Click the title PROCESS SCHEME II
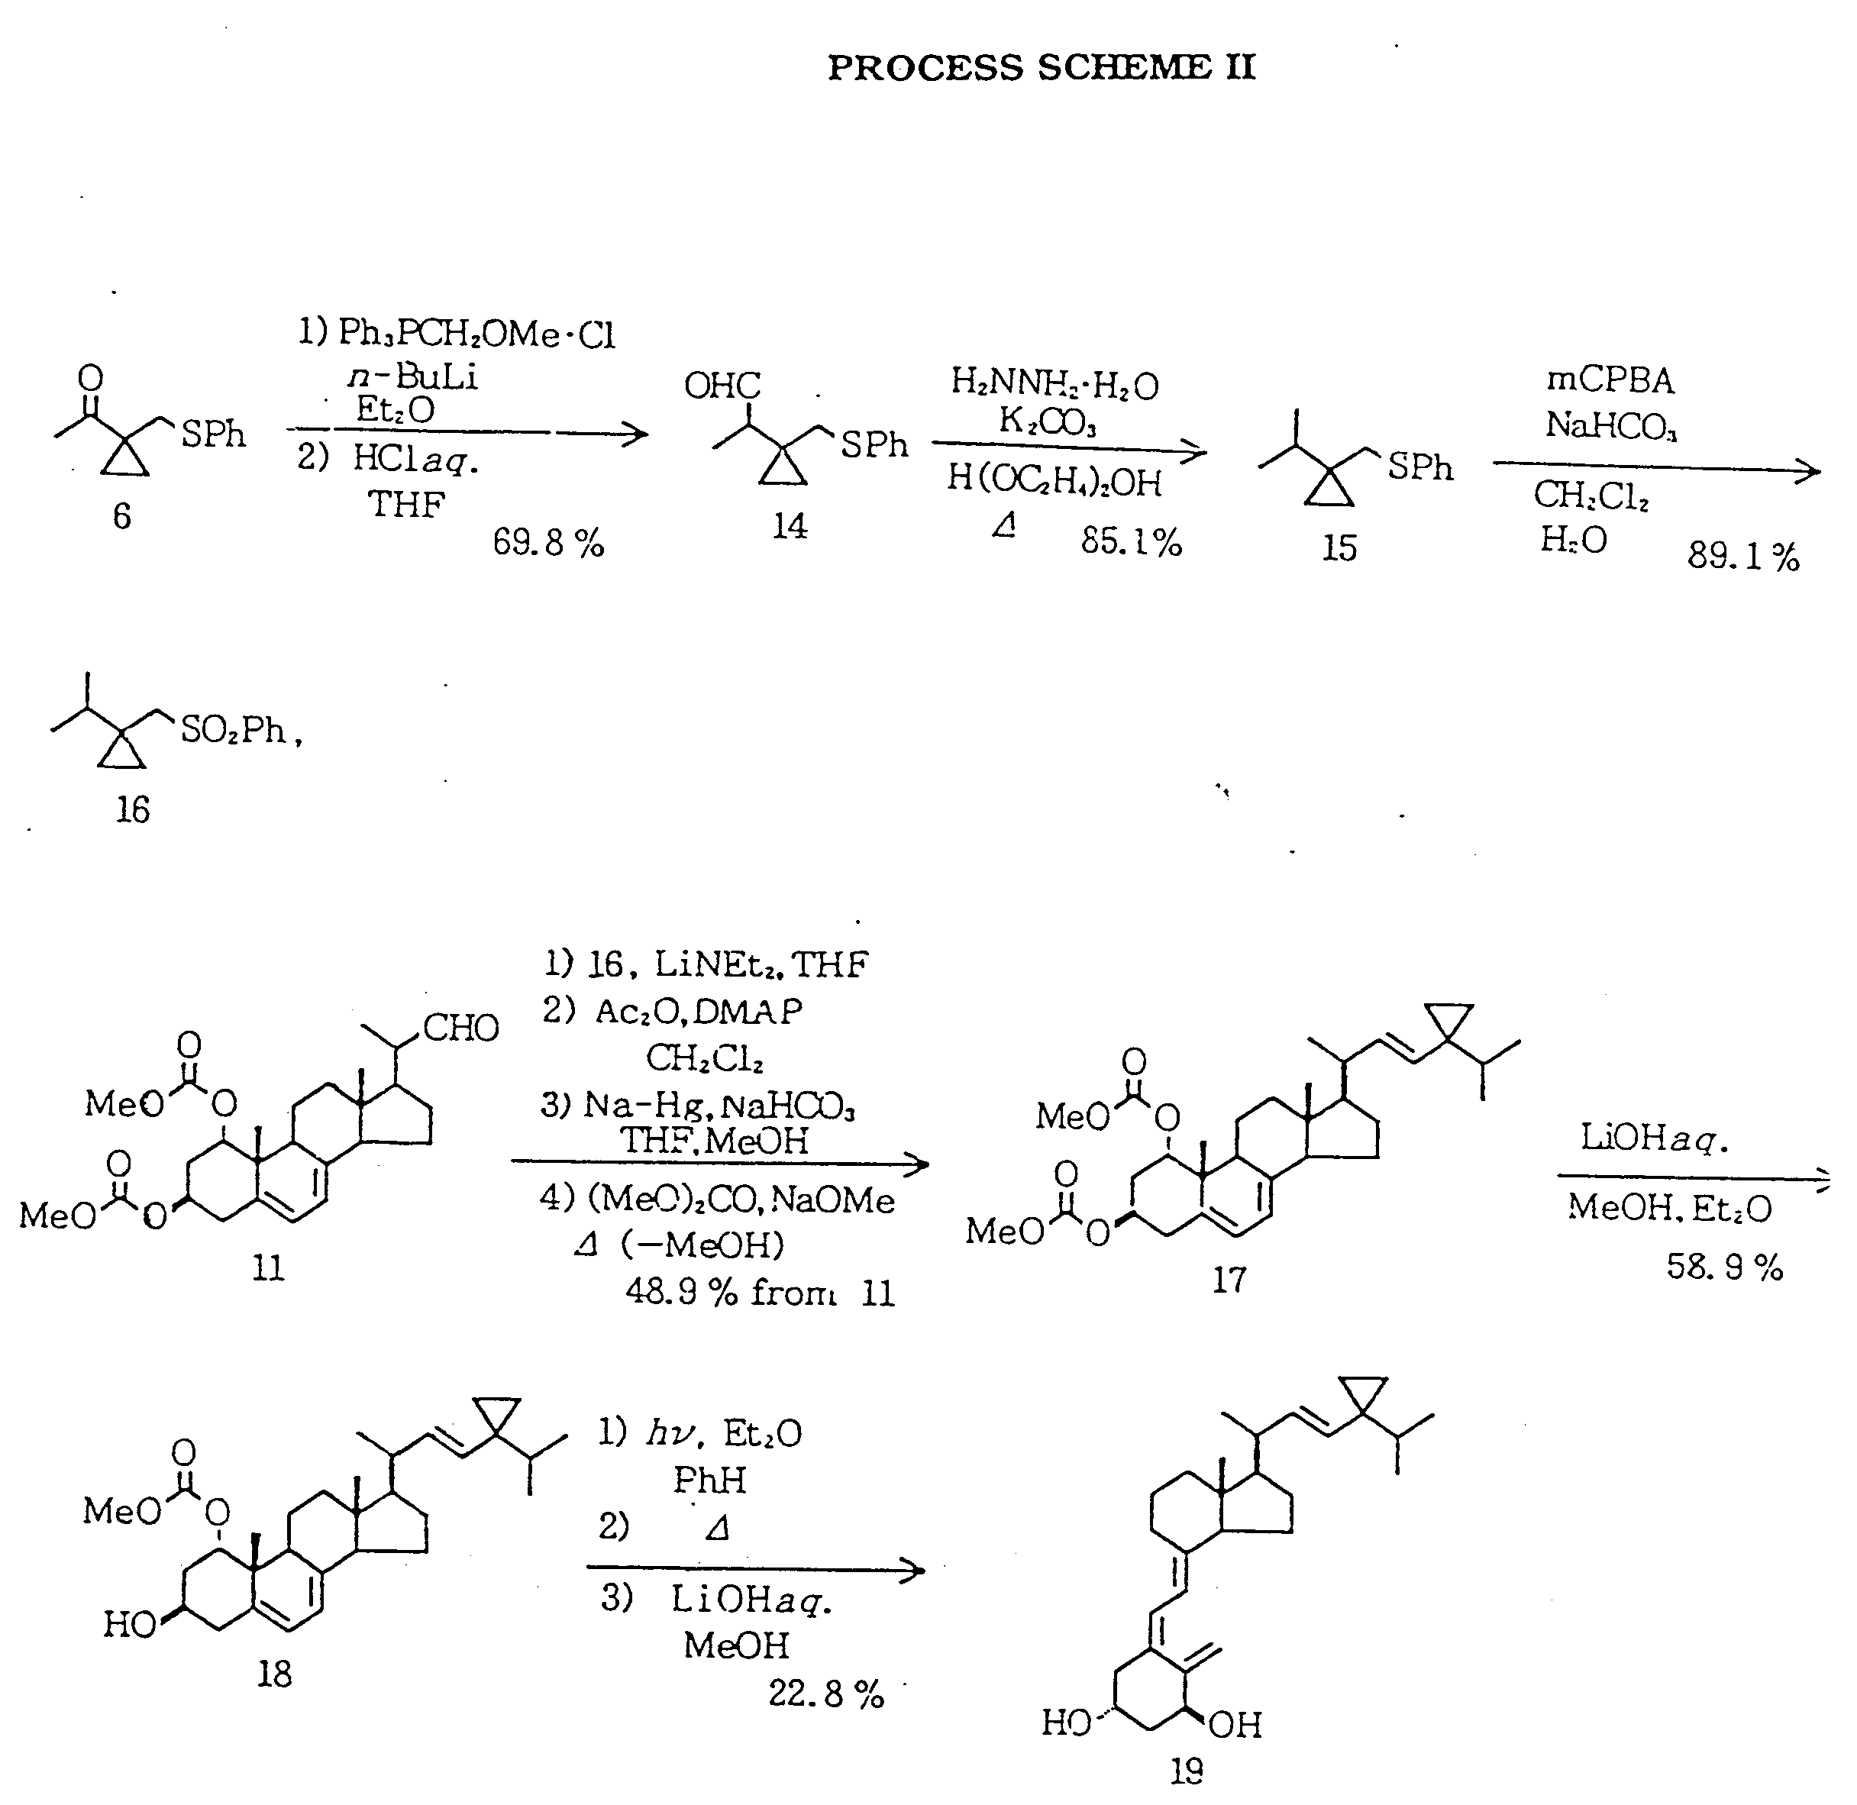[1042, 67]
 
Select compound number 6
[122, 517]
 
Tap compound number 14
[790, 526]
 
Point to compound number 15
[1339, 548]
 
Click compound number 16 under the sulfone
[133, 809]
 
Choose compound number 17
[1229, 1280]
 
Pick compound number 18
[274, 1674]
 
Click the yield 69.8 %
[548, 543]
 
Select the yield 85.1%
[1131, 542]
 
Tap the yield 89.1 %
[1743, 557]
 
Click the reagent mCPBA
[1610, 380]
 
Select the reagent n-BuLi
[413, 377]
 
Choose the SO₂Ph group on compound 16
[233, 730]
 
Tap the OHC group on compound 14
[722, 386]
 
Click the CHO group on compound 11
[460, 1028]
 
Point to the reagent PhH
[709, 1480]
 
